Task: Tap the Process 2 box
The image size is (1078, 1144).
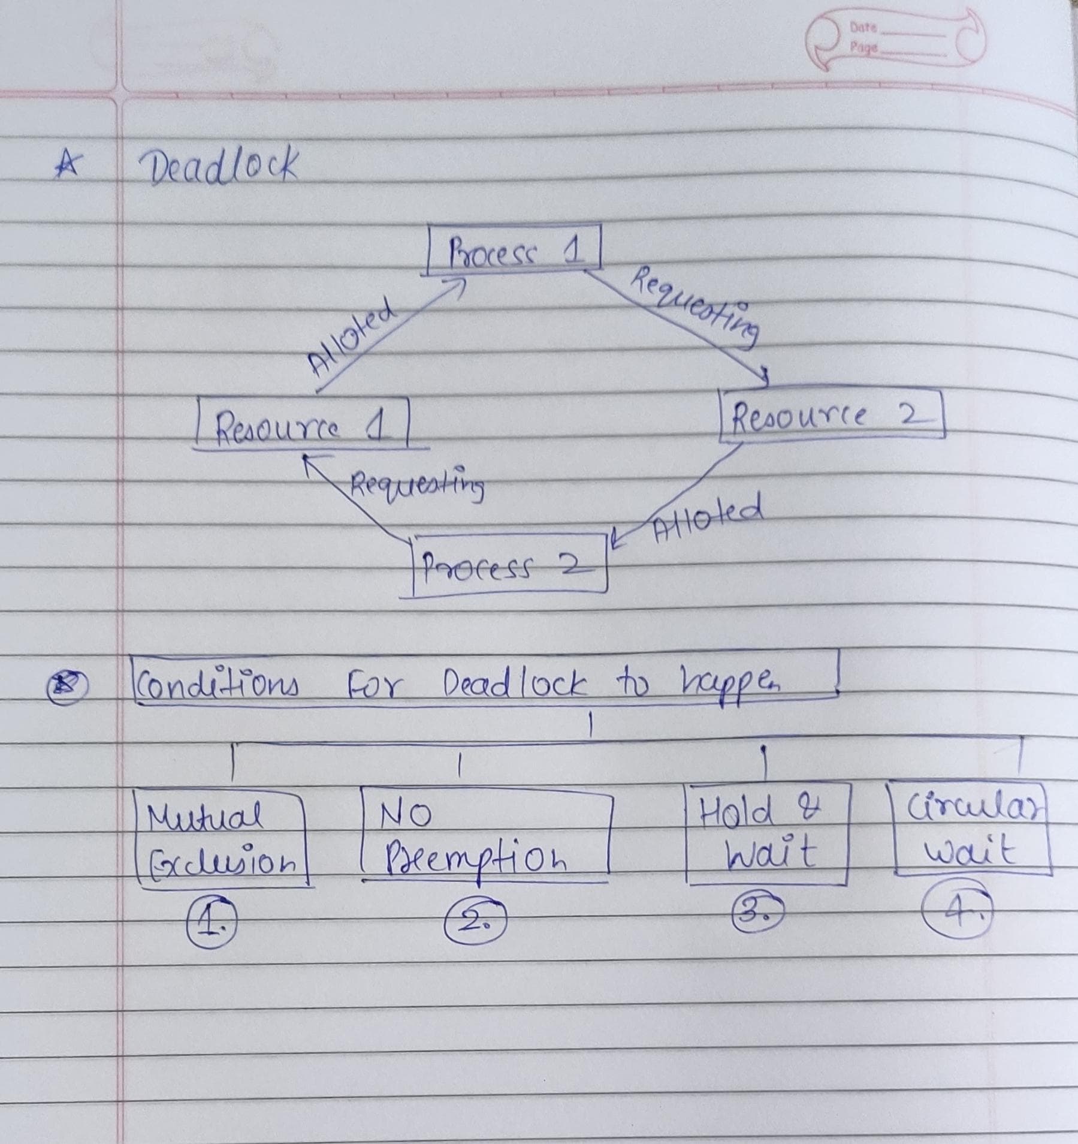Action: tap(509, 565)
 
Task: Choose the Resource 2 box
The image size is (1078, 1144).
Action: tap(832, 416)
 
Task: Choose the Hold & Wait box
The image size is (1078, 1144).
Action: tap(766, 834)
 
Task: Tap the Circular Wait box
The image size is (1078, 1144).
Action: tap(971, 828)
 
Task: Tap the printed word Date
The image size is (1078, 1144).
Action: tap(863, 28)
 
